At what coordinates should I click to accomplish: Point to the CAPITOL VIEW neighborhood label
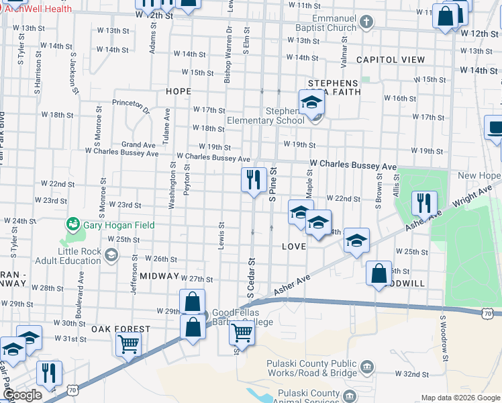tap(391, 60)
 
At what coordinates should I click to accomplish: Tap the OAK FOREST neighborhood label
tap(121, 329)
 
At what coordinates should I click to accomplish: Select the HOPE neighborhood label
tap(179, 91)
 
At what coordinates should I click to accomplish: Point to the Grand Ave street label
tap(139, 144)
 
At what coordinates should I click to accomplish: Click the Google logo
tap(22, 396)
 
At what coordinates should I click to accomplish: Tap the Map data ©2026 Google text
tap(460, 398)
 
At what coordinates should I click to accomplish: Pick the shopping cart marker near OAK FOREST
tap(128, 344)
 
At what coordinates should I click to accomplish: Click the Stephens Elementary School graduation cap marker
tap(311, 102)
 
